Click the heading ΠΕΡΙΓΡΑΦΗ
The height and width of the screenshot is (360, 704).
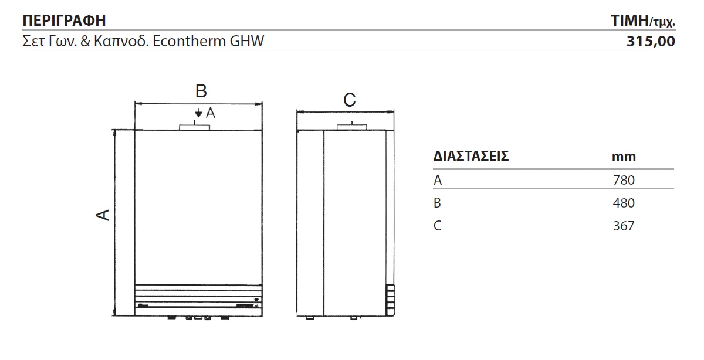coord(64,21)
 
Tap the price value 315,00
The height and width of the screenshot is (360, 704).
coord(651,42)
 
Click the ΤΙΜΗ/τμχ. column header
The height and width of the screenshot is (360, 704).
coord(643,21)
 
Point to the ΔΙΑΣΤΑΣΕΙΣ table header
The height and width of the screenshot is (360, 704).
coord(471,156)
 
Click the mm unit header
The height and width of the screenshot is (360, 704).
coord(624,157)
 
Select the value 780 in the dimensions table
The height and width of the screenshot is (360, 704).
coord(624,181)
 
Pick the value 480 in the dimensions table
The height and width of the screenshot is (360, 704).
coord(624,203)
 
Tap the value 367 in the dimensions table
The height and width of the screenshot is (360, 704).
coord(624,226)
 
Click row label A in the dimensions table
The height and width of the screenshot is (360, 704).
coord(438,181)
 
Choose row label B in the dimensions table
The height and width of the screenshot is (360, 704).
coord(437,203)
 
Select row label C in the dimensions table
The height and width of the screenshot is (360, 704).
coord(438,226)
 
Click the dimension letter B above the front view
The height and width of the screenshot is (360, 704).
coord(201,91)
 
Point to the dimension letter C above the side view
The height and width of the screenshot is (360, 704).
coord(350,100)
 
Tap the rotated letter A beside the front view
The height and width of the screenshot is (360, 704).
coord(103,215)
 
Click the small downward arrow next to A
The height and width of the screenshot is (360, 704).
coord(198,113)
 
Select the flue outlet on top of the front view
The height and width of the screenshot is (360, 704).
coord(194,127)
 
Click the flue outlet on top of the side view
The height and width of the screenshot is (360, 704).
coord(351,127)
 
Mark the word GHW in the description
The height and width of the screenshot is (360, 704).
coord(247,41)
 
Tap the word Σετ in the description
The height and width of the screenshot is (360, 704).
coord(33,41)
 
